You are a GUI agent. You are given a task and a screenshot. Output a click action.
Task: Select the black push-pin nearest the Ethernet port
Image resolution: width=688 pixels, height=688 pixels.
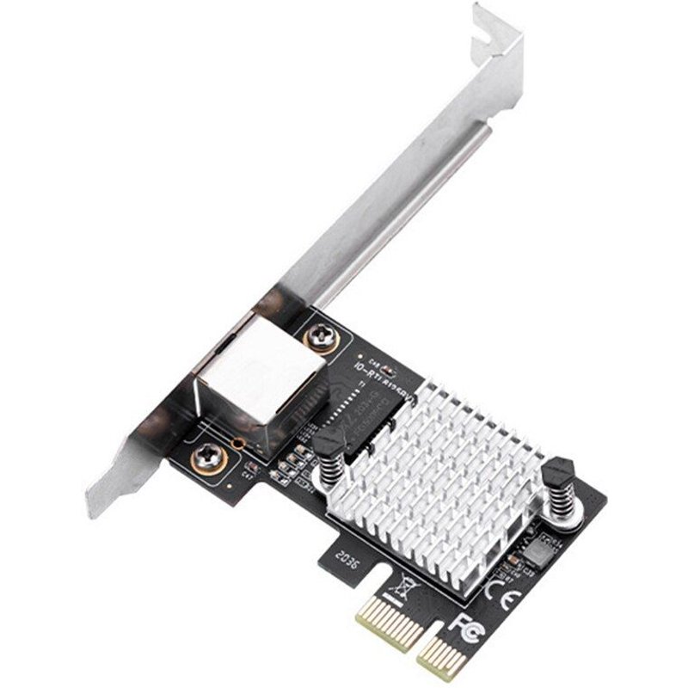[328, 443]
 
